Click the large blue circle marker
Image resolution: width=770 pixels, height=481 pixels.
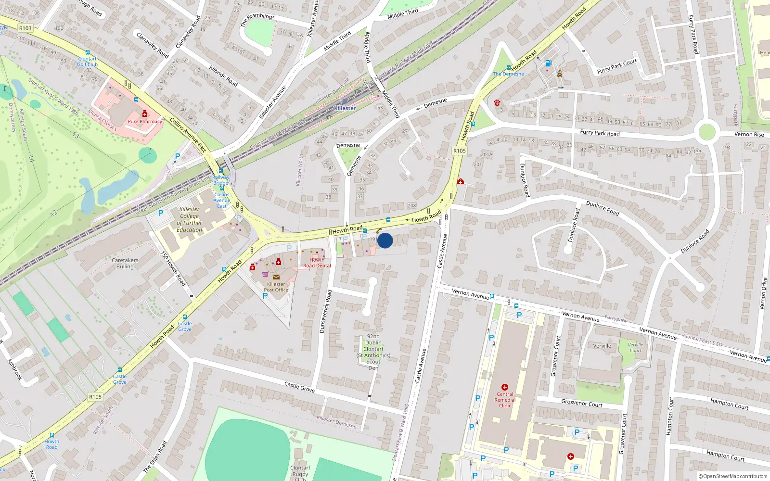[x=385, y=240]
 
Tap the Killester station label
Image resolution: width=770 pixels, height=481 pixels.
[x=345, y=108]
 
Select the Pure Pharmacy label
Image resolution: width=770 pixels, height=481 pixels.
[x=145, y=122]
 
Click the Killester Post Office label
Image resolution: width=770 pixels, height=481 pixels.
[x=276, y=287]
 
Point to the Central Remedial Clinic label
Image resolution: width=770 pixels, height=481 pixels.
[x=505, y=400]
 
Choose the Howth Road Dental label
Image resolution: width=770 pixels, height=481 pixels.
[x=317, y=263]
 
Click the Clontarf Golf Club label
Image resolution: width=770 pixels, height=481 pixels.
[x=88, y=62]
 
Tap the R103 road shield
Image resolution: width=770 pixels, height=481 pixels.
[x=26, y=28]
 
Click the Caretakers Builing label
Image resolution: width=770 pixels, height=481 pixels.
[x=125, y=264]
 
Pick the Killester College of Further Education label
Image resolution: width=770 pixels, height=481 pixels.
[x=190, y=219]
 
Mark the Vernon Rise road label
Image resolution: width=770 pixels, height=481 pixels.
[x=749, y=135]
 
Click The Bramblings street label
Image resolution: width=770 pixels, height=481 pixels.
[x=257, y=19]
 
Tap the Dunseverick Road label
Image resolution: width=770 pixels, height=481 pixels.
[x=326, y=311]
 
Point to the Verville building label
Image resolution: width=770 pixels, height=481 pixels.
[x=602, y=346]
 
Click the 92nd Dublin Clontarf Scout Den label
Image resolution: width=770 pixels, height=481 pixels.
[x=373, y=352]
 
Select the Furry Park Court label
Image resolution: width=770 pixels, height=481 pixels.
[x=617, y=66]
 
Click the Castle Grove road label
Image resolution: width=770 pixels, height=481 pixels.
[x=299, y=387]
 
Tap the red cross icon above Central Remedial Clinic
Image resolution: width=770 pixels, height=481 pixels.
[x=505, y=387]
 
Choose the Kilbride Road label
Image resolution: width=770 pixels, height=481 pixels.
[x=223, y=76]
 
